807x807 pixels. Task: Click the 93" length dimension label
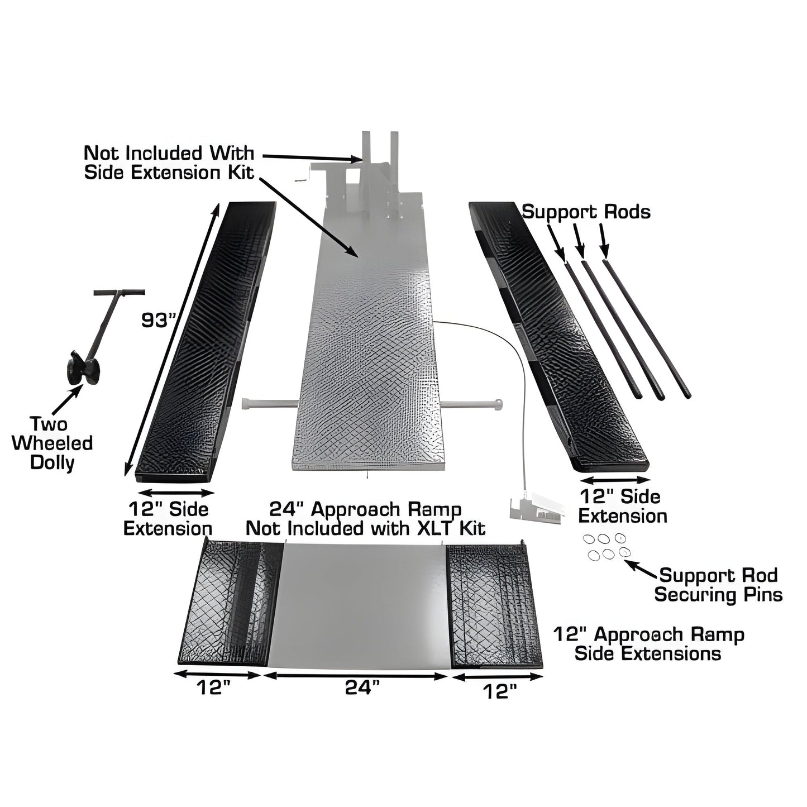tap(159, 320)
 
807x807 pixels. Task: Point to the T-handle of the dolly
tap(118, 293)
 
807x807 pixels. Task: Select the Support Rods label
tap(586, 212)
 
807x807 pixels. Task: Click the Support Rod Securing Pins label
tap(718, 585)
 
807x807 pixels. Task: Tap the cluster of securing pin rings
tap(604, 546)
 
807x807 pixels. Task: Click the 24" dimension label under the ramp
tap(358, 689)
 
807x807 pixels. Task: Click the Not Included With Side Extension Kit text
tap(169, 163)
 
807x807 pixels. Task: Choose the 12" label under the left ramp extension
tap(213, 689)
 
